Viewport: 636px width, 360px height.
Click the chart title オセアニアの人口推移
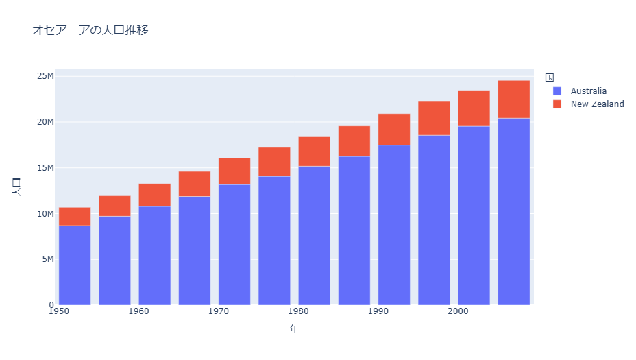coord(90,30)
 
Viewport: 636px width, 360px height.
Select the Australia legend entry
coord(588,91)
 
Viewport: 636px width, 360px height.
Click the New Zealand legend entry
coord(597,104)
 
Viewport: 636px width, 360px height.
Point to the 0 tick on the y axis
coord(51,305)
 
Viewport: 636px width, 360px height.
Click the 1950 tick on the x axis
coord(60,312)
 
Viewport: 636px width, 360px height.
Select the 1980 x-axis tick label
coord(299,312)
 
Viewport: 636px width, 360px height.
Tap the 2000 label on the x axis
coord(458,312)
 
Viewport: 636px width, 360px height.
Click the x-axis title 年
coord(294,329)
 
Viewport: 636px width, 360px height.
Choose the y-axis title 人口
coord(17,187)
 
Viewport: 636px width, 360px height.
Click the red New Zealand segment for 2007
coord(514,99)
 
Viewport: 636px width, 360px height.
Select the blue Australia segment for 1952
coord(75,265)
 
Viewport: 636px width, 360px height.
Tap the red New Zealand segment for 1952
coord(75,217)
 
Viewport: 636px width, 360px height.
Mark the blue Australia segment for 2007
coord(514,211)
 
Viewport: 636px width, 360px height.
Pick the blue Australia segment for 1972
coord(234,245)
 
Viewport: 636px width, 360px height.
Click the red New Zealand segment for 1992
coord(394,130)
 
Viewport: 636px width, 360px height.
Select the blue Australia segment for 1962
coord(154,256)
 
